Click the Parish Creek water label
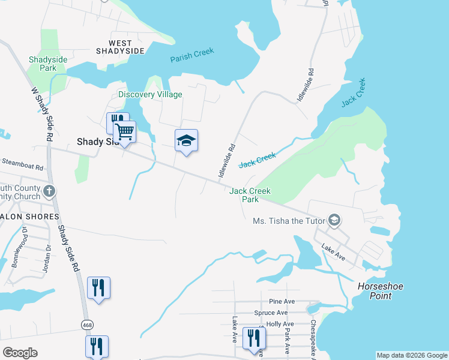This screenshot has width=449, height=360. (192, 56)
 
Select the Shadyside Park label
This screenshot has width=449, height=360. (43, 64)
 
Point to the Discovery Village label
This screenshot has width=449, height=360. (150, 94)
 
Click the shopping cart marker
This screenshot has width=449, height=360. (125, 131)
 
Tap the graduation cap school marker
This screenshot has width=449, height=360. (186, 140)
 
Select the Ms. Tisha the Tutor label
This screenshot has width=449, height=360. (289, 221)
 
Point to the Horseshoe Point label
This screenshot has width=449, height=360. (383, 291)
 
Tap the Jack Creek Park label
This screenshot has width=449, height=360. (250, 195)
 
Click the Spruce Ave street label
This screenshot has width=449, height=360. (271, 313)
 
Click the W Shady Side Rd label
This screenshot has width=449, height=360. (41, 114)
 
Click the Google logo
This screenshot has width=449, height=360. (20, 352)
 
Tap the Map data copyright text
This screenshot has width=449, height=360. (411, 355)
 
